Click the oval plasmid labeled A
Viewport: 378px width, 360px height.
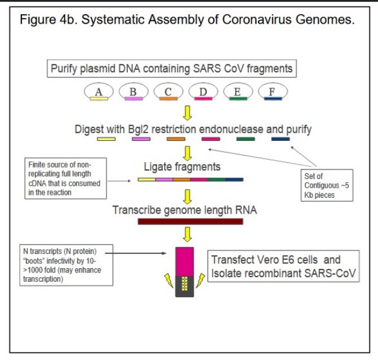click(x=98, y=91)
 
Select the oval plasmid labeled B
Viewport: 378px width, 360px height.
click(x=133, y=91)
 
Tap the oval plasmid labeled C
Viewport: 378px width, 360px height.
click(x=168, y=91)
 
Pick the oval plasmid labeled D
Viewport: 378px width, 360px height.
click(x=203, y=91)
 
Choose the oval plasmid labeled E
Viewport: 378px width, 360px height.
click(x=238, y=91)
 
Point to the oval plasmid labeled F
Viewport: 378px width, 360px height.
click(x=273, y=91)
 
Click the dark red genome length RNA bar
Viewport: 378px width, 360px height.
click(x=190, y=221)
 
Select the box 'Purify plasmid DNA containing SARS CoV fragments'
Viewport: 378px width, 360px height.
click(x=171, y=69)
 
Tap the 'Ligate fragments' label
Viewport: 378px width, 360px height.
click(x=182, y=167)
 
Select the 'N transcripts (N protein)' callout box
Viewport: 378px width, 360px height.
click(x=62, y=266)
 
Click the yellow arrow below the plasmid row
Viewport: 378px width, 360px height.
click(x=188, y=112)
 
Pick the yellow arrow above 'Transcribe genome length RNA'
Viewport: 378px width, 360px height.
click(x=188, y=195)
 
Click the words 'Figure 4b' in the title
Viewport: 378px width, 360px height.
click(x=48, y=20)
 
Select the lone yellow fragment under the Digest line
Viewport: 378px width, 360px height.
click(x=106, y=139)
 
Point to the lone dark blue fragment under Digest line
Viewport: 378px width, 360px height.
click(x=280, y=139)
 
